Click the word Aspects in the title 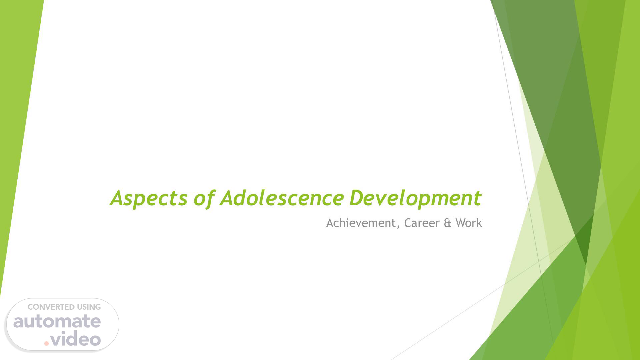pos(149,198)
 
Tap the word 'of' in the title pos(204,198)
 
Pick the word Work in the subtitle pos(469,223)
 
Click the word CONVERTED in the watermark pos(51,307)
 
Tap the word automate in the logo pos(57,321)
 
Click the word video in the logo pos(76,339)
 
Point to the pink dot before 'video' pos(46,343)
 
